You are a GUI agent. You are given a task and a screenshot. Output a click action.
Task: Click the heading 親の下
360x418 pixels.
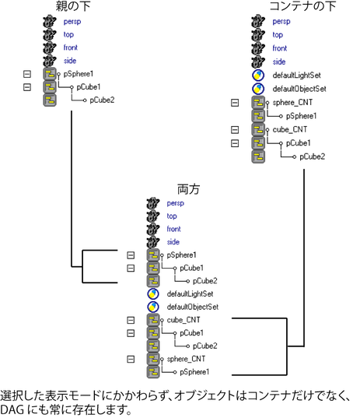tap(73, 6)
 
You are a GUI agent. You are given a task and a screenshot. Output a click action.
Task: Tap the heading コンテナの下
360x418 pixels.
tap(302, 6)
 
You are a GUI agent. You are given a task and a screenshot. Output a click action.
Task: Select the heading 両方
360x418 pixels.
tap(188, 189)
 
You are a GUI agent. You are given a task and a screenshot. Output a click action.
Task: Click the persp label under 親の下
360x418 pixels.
tap(72, 22)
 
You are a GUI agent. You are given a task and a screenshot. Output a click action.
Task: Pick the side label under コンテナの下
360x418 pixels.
tap(279, 61)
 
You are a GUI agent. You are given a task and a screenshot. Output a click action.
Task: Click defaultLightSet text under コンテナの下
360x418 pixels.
tap(296, 76)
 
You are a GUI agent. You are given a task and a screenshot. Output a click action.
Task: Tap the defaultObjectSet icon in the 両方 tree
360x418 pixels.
tap(153, 307)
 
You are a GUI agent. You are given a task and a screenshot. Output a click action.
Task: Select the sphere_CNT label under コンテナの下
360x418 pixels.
tap(292, 103)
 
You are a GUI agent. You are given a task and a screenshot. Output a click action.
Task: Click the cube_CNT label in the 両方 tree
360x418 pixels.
tap(183, 320)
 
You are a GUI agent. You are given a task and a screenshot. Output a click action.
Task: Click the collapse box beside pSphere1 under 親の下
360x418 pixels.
tap(27, 74)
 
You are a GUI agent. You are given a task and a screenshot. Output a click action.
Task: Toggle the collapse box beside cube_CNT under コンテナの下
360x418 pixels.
tap(235, 130)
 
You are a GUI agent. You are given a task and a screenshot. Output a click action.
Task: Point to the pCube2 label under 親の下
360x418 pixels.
tap(102, 100)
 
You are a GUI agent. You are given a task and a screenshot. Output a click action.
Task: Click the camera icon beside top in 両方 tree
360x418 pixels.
tap(153, 216)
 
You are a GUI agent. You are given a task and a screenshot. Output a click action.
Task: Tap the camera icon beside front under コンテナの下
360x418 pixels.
tap(258, 48)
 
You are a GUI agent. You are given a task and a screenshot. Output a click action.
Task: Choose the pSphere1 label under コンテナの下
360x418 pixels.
tap(301, 116)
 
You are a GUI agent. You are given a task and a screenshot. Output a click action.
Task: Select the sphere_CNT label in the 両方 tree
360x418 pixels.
tap(186, 359)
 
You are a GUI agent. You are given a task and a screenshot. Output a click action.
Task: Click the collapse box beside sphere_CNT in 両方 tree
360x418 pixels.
tap(131, 359)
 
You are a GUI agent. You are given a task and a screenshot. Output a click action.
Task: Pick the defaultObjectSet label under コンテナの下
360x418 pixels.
tap(299, 89)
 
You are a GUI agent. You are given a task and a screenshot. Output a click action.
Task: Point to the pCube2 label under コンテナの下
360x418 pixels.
tap(312, 156)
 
